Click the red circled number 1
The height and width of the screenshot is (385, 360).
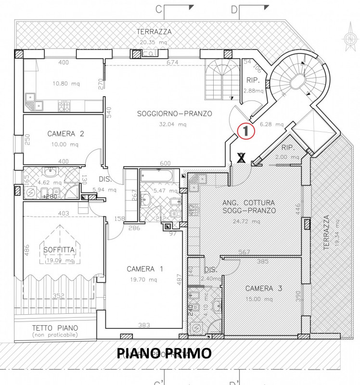point(245,130)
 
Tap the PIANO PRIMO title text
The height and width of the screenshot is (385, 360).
point(164,353)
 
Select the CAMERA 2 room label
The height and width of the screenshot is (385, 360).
point(65,134)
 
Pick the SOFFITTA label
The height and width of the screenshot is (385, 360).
point(59,250)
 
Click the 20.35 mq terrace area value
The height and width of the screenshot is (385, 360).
point(154,42)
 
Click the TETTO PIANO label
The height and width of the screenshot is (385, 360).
point(54,328)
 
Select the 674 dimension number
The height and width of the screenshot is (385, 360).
point(172,63)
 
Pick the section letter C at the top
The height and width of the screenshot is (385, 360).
point(171,8)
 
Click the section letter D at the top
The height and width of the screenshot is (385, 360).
point(234,8)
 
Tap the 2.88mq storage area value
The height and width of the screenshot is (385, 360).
point(253,90)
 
